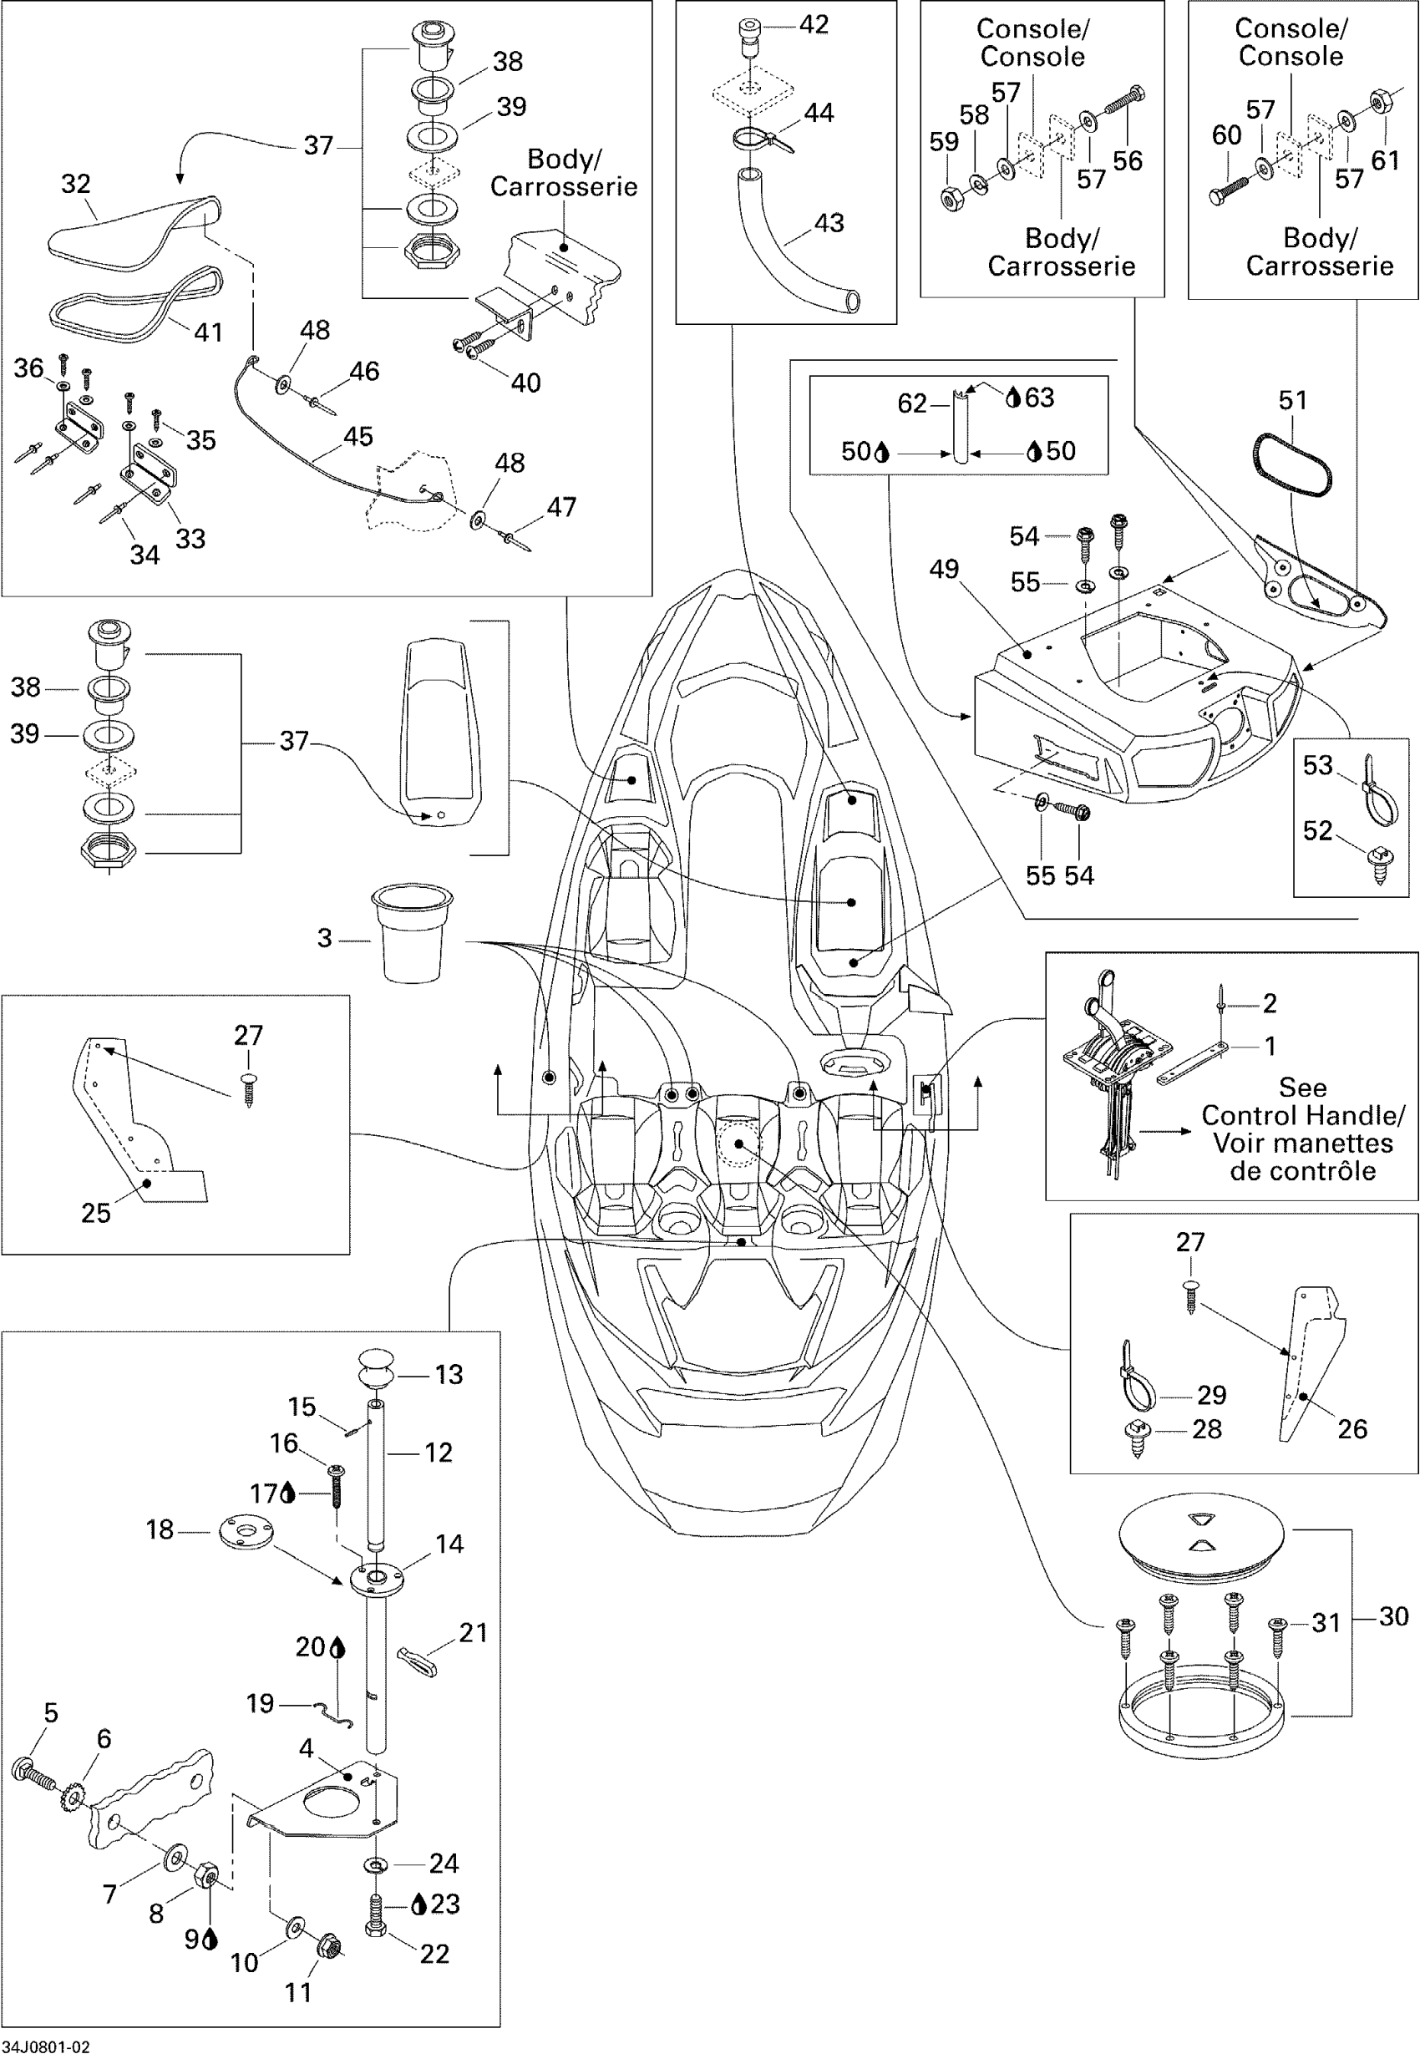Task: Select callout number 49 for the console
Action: click(944, 570)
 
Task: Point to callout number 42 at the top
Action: click(814, 25)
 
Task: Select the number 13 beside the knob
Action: click(449, 1375)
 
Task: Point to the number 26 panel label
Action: click(1352, 1429)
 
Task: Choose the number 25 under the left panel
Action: click(96, 1213)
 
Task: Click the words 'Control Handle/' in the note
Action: click(1302, 1116)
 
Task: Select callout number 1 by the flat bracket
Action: click(1270, 1047)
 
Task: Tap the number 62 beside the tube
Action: click(912, 404)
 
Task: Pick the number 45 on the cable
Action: click(358, 437)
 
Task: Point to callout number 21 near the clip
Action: click(474, 1633)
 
